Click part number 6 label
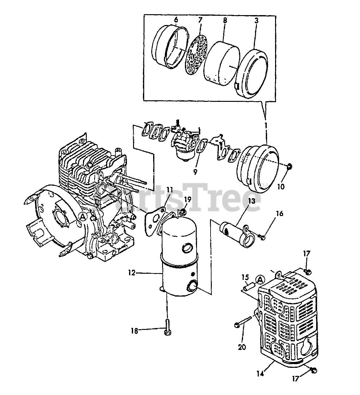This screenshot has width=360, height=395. [x=176, y=20]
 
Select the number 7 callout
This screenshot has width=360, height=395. [x=200, y=20]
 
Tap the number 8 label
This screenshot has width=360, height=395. [x=224, y=20]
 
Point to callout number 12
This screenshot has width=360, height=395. [x=132, y=273]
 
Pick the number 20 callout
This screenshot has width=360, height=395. [x=242, y=347]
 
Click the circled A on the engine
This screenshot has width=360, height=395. [x=82, y=217]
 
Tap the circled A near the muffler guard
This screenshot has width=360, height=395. [x=260, y=280]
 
